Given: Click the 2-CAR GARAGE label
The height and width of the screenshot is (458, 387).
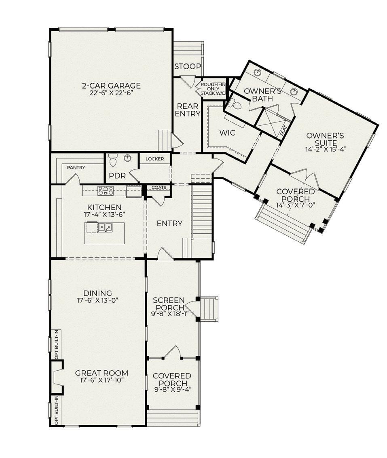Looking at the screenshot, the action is click(111, 86).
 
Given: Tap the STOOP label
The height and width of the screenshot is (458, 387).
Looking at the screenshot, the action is click(188, 67).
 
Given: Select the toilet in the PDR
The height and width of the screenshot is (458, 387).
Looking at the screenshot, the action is click(112, 160).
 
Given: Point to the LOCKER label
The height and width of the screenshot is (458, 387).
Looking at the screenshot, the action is click(154, 159).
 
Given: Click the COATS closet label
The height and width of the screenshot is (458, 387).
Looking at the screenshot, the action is click(159, 188).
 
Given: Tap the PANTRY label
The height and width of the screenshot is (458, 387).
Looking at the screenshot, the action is click(76, 168).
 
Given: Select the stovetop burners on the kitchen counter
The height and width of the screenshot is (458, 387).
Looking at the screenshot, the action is click(106, 191).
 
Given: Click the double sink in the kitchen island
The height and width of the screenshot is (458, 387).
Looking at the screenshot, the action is click(105, 227).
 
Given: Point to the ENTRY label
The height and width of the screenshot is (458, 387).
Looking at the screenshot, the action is click(169, 224).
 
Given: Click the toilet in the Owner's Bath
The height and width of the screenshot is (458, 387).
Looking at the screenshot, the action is click(235, 103).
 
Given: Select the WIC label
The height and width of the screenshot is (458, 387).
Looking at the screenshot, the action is click(227, 133).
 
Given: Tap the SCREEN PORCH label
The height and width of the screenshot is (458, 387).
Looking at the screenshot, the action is click(169, 304).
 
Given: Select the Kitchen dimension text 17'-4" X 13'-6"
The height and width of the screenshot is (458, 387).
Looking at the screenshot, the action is click(104, 214).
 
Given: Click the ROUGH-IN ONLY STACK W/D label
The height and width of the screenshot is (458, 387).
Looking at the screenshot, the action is click(213, 89).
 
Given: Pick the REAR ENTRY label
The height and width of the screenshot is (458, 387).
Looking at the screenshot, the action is click(188, 110).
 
